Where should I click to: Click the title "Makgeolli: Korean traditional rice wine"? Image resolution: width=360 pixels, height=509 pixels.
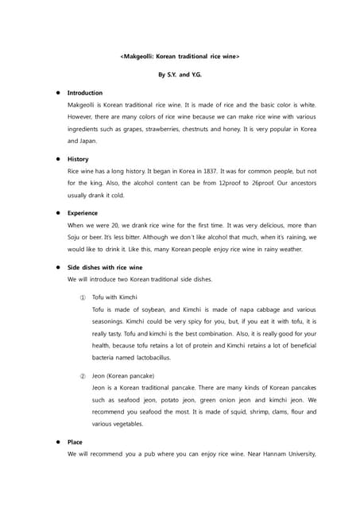(x=180, y=57)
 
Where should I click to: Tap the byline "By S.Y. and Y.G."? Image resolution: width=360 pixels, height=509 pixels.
(x=180, y=75)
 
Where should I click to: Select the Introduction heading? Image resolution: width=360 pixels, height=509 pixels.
(x=85, y=93)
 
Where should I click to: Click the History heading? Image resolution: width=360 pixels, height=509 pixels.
(x=78, y=159)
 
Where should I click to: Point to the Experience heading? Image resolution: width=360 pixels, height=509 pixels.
(x=83, y=213)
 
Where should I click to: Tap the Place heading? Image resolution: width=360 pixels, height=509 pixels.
(x=75, y=441)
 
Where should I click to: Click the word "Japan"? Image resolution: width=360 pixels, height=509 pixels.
(x=87, y=141)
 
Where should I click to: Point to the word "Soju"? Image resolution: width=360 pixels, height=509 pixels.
(x=75, y=237)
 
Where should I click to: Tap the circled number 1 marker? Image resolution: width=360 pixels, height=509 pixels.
(x=83, y=297)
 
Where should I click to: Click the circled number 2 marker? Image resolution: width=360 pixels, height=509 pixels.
(x=83, y=375)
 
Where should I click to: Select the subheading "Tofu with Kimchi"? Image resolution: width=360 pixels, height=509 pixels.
(x=114, y=297)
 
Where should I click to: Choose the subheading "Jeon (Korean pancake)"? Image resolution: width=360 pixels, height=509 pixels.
(x=123, y=375)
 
